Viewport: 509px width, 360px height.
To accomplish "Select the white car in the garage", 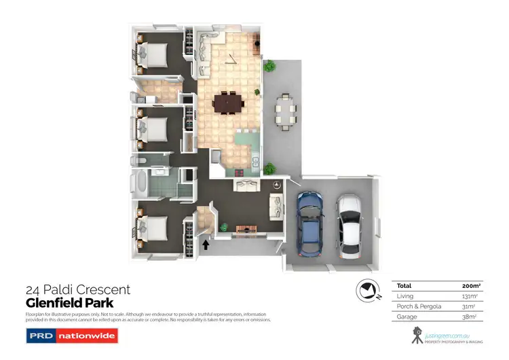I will [350, 223].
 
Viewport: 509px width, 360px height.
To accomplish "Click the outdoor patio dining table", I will [286, 112].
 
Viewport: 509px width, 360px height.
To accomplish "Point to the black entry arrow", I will [206, 243].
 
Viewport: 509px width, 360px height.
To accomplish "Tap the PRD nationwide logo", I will [71, 335].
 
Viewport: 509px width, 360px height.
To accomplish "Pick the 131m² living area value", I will [469, 296].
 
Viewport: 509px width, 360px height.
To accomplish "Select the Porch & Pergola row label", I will [418, 306].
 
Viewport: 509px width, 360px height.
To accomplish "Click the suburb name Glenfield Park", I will [69, 303].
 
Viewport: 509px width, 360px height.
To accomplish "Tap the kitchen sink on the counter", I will [255, 162].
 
